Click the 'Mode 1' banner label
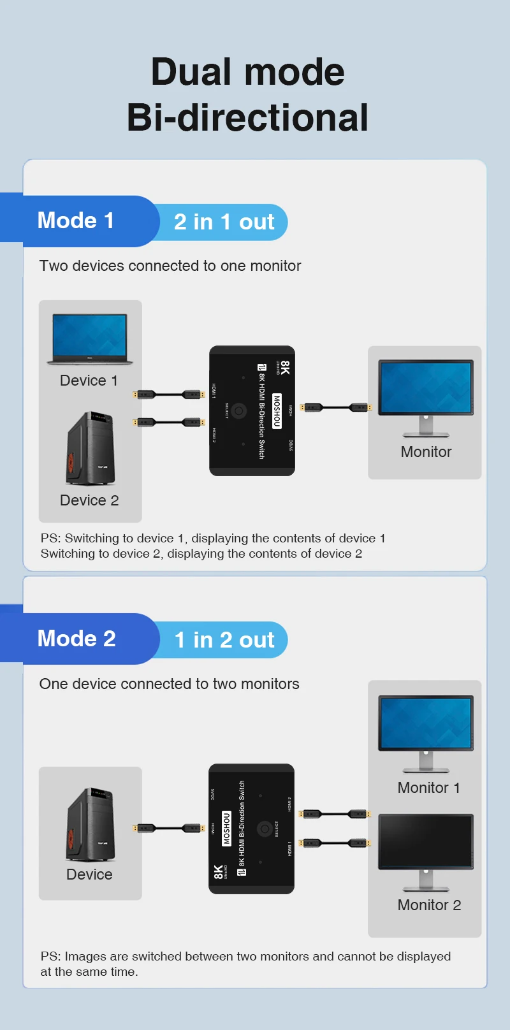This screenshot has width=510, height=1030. click(76, 221)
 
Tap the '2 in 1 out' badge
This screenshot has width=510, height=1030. click(224, 222)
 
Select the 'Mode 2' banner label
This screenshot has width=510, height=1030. click(76, 639)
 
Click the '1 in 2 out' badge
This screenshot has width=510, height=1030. click(224, 640)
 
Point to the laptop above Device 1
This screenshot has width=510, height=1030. click(90, 338)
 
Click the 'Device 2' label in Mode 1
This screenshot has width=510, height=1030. click(89, 500)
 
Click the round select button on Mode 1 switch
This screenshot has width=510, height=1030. click(239, 411)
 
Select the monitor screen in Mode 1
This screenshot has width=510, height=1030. click(426, 388)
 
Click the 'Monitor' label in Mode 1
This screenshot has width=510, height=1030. click(426, 452)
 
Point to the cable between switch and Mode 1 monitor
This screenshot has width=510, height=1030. click(336, 407)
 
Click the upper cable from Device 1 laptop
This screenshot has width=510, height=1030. click(169, 395)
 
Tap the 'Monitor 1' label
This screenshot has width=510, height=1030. click(428, 788)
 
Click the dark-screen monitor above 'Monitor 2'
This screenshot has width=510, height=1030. click(426, 841)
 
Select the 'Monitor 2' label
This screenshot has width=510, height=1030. click(429, 905)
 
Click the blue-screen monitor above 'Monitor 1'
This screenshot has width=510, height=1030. click(426, 723)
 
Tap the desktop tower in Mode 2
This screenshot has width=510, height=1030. click(90, 825)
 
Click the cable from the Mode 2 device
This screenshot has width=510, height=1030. click(169, 828)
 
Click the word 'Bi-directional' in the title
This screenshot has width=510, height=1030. click(247, 117)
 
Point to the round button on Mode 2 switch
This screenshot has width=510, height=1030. click(264, 829)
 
